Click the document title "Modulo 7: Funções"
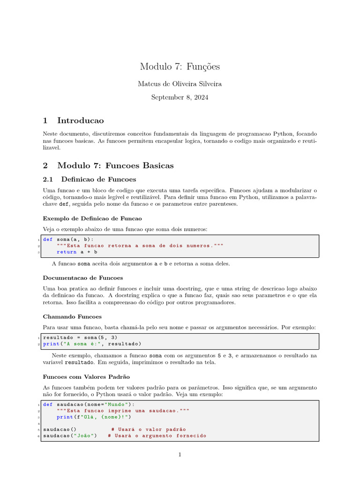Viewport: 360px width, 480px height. [180, 67]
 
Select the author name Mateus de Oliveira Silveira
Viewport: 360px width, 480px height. [180, 84]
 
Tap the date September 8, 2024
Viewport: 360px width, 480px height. [180, 97]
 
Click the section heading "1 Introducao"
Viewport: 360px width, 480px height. [73, 120]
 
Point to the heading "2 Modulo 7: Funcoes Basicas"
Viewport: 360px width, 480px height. [108, 165]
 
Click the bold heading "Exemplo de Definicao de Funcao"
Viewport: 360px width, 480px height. [92, 218]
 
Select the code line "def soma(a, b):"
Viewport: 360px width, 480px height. [68, 239]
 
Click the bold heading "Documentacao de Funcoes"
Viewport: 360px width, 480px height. [83, 277]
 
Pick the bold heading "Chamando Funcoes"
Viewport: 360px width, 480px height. [72, 316]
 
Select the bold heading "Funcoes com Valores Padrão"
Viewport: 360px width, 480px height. [86, 376]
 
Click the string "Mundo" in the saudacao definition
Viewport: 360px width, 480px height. [117, 404]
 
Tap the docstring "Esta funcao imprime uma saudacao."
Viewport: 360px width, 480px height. [123, 410]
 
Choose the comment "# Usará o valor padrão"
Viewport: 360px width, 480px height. [149, 429]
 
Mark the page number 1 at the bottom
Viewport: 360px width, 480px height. [180, 454]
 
